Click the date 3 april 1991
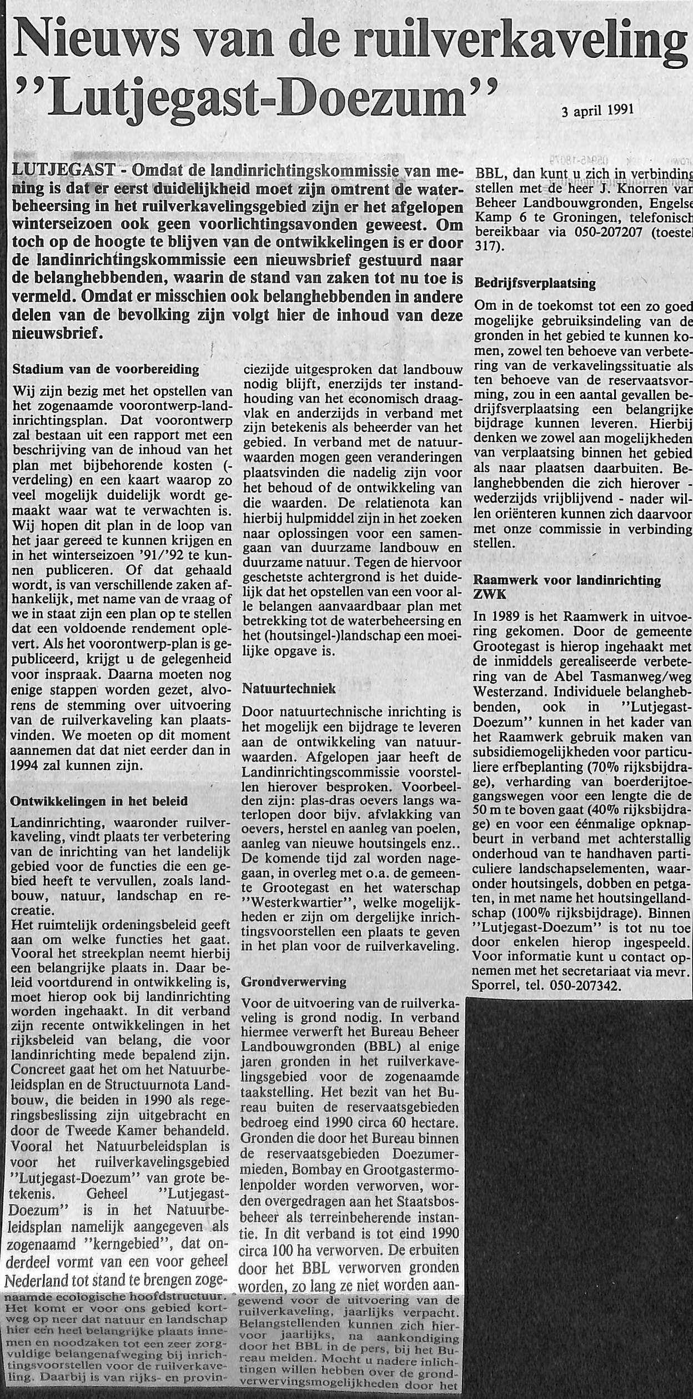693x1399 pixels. point(597,110)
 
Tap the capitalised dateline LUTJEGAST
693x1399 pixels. point(64,169)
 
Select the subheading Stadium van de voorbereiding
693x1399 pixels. point(106,369)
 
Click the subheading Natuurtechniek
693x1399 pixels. point(289,689)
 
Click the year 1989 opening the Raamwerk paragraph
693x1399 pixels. point(504,616)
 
